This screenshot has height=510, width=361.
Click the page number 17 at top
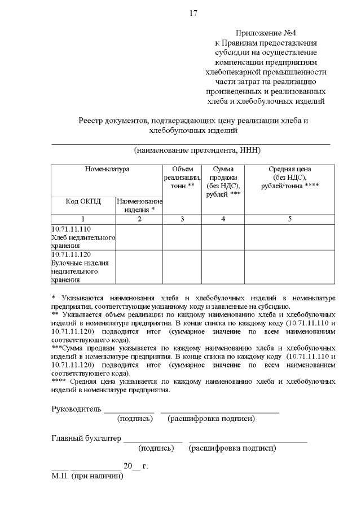(x=193, y=13)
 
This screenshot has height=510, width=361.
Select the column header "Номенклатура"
(x=107, y=169)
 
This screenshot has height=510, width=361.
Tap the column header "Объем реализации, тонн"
(x=182, y=178)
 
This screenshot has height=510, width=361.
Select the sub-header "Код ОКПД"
(x=83, y=202)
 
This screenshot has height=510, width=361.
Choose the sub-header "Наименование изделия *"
(x=139, y=206)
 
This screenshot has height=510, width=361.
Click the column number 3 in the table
(x=182, y=219)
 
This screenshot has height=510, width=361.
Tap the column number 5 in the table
(x=289, y=219)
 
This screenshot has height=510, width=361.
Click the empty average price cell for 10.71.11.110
(x=289, y=237)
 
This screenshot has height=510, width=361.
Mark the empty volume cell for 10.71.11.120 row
(x=182, y=267)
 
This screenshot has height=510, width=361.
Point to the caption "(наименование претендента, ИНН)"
(x=197, y=150)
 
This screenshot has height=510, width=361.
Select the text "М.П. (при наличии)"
(x=87, y=476)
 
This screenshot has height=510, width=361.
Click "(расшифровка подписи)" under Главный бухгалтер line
(x=232, y=449)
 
